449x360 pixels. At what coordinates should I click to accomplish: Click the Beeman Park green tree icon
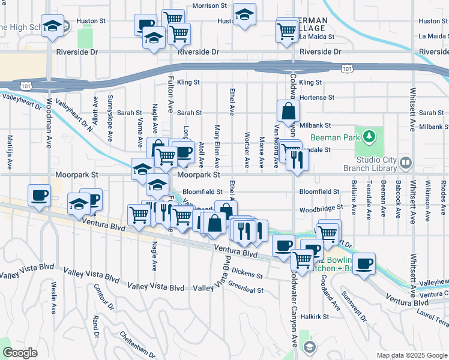click(x=367, y=136)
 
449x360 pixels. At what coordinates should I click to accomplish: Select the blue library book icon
click(x=406, y=163)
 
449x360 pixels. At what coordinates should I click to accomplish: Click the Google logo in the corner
click(x=20, y=353)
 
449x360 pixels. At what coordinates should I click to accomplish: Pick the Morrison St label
click(x=211, y=6)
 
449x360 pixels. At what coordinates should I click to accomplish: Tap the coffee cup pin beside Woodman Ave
click(x=40, y=196)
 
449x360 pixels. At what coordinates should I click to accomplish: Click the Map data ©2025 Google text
click(x=411, y=355)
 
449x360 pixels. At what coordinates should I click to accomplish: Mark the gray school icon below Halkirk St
click(x=309, y=347)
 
